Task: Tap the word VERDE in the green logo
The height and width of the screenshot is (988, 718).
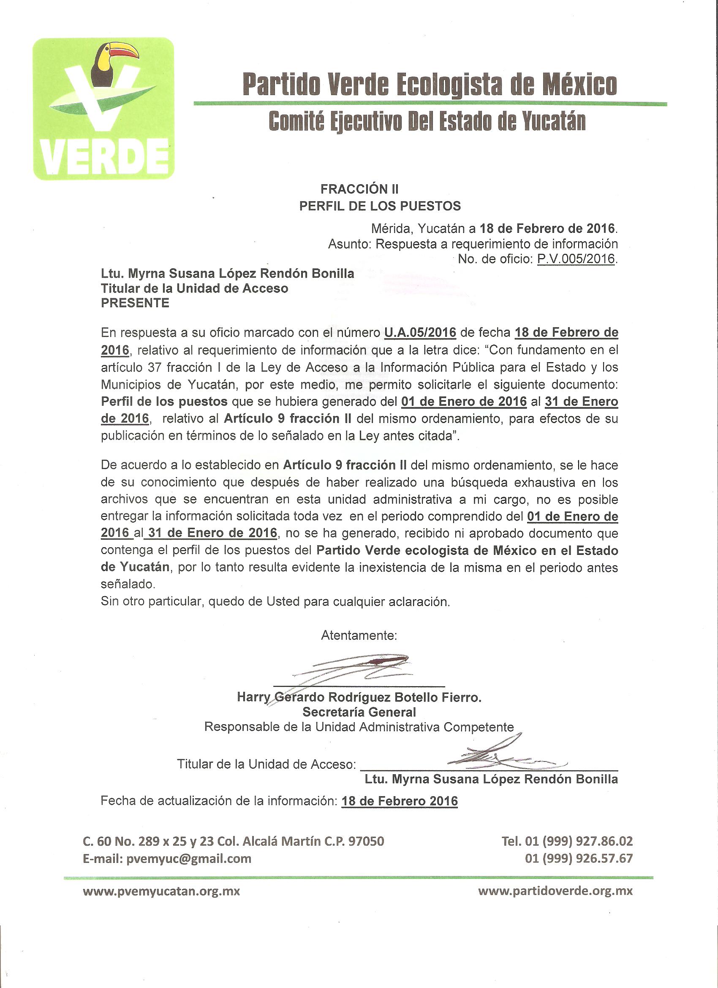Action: point(104,157)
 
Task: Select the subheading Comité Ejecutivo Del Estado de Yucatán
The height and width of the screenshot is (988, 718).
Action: point(427,122)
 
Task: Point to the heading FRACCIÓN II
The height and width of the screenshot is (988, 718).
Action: point(359,189)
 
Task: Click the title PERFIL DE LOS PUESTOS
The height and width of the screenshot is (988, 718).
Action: point(380,206)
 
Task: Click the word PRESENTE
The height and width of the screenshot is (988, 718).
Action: point(135,303)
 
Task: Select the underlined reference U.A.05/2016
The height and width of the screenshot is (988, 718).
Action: point(420,333)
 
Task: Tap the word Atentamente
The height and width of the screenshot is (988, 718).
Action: point(359,636)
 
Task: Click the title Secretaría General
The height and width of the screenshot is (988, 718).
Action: point(359,712)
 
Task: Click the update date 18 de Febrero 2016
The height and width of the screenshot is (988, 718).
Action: point(399,801)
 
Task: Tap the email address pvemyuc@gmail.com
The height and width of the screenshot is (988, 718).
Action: point(188,859)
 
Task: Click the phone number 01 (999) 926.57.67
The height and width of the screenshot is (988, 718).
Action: point(579,859)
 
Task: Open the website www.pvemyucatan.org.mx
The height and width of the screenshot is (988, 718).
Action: point(161,891)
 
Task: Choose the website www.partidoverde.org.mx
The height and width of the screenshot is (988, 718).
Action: point(555,891)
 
